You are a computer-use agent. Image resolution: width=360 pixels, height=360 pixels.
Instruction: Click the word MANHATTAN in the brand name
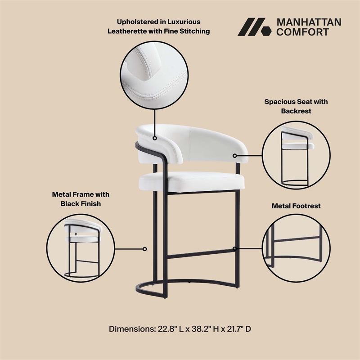[308, 22]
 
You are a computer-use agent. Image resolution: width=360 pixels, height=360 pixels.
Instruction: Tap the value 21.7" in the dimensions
[229, 329]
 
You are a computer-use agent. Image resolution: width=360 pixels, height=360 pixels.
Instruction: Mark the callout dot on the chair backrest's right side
[235, 155]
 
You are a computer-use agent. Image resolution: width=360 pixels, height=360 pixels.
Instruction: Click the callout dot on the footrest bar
[235, 248]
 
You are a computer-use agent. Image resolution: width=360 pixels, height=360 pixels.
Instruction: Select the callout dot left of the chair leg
[145, 248]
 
